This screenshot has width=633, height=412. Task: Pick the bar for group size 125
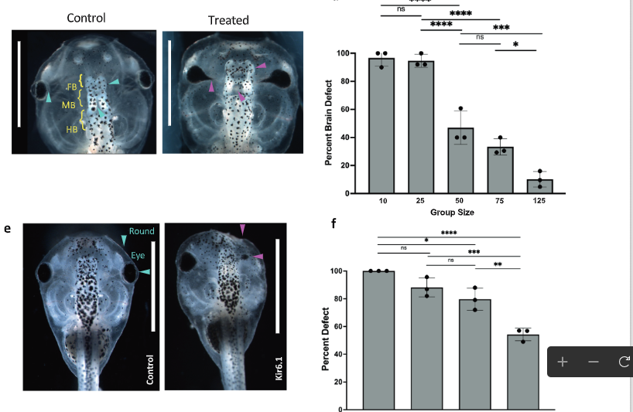(x=539, y=186)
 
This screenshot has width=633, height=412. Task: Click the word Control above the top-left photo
(x=86, y=17)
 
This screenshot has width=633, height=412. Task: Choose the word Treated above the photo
(x=228, y=19)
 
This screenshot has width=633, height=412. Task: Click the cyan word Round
(x=142, y=231)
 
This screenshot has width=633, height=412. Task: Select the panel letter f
(x=334, y=225)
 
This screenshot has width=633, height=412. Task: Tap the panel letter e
(x=15, y=229)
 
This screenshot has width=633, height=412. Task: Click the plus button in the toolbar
(x=563, y=362)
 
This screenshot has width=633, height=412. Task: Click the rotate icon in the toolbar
(x=624, y=362)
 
